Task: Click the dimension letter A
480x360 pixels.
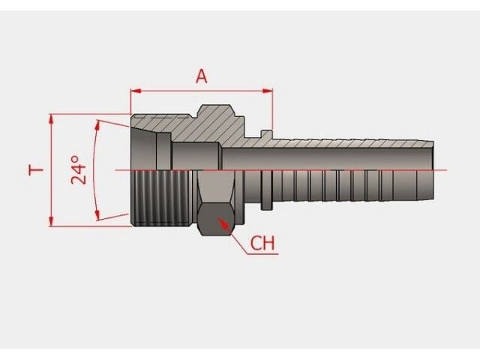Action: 201,76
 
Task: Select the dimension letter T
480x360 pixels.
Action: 35,170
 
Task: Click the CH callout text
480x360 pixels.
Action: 262,244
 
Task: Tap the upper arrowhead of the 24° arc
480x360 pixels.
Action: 99,122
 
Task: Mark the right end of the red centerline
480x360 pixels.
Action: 446,170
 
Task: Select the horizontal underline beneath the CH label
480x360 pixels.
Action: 262,253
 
